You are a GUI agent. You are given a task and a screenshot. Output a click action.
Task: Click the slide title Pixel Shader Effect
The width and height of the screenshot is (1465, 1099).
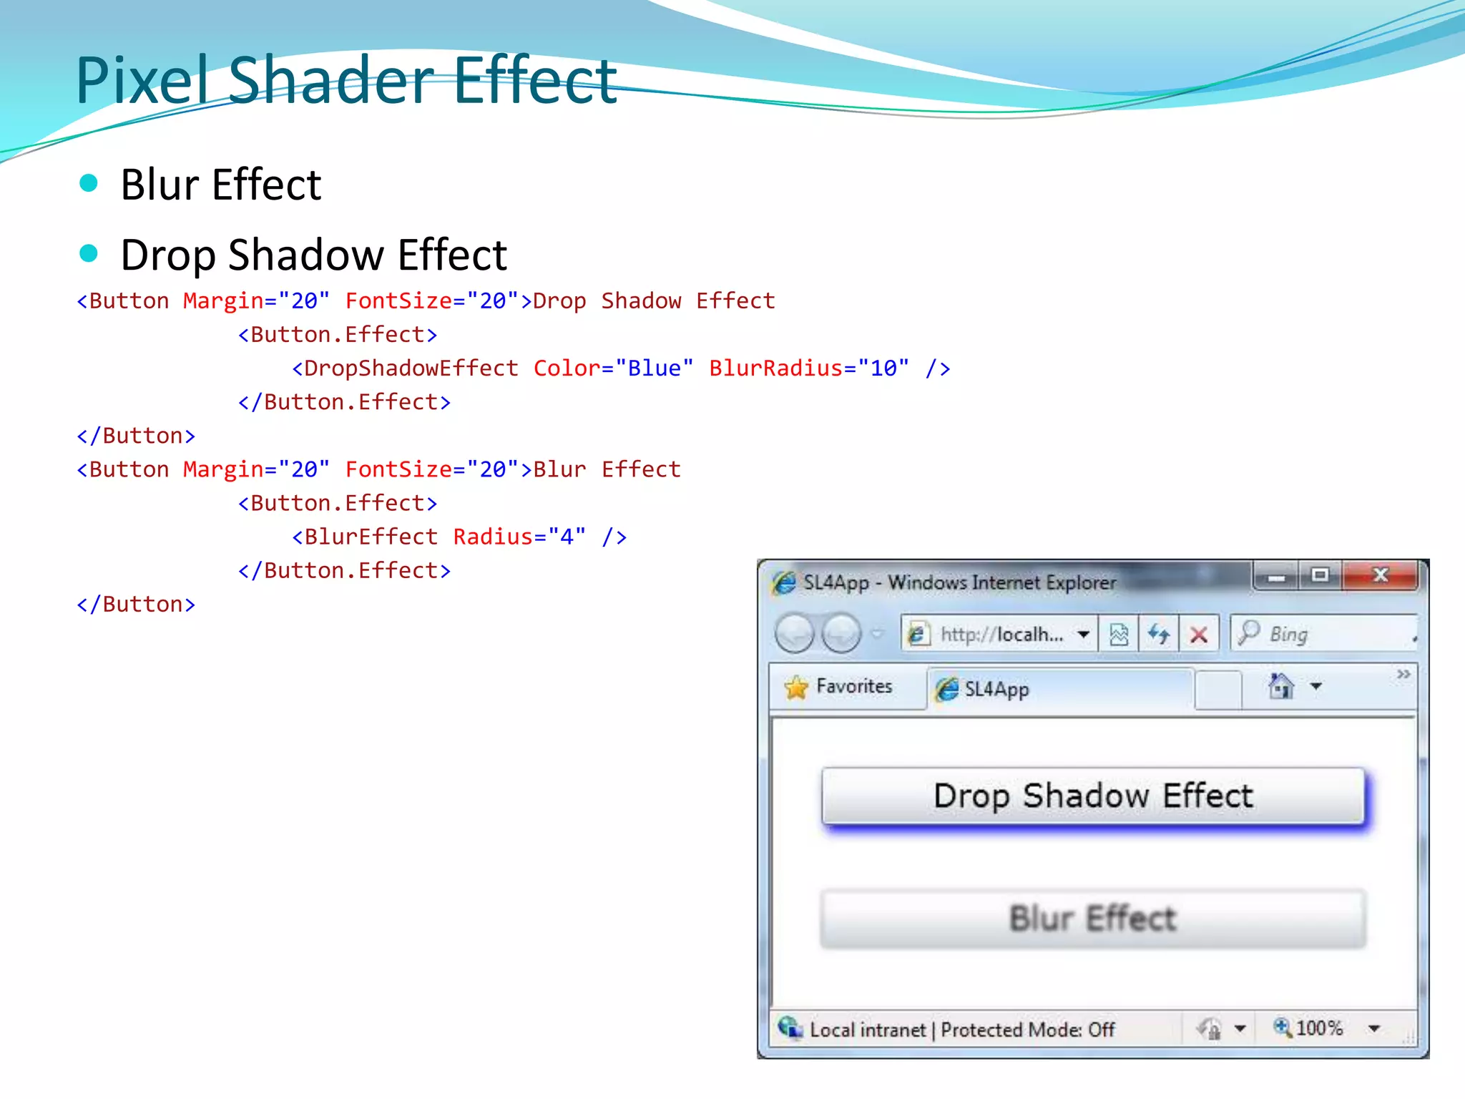point(346,80)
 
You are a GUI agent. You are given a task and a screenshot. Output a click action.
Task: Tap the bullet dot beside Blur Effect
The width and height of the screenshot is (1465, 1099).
point(89,183)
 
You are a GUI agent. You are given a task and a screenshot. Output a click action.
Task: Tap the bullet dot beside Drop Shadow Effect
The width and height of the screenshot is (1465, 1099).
point(89,253)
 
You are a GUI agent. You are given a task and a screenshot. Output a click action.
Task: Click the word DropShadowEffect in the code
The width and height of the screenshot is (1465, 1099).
point(411,368)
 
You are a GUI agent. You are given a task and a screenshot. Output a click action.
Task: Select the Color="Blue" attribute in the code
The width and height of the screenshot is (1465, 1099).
point(613,368)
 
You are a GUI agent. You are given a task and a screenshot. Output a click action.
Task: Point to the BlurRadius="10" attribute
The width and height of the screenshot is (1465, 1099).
point(809,368)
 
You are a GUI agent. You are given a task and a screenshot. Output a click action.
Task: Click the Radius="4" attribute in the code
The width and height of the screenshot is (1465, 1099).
point(519,537)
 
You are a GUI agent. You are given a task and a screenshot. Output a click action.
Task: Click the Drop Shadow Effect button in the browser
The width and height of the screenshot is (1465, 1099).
point(1093,796)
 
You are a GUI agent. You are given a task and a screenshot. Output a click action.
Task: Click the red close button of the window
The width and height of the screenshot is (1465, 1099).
point(1380,575)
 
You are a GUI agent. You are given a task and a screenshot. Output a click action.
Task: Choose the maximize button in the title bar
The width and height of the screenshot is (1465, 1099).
point(1320,575)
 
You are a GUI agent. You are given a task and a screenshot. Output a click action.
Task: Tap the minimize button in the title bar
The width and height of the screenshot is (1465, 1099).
point(1276,577)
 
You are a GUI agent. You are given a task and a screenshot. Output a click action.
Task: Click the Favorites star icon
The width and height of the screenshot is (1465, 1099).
point(796,687)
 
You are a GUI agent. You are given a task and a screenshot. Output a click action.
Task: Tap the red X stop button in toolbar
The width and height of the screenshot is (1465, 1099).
point(1199,635)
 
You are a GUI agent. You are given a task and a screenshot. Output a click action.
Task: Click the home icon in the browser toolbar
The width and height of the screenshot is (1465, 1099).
point(1280,687)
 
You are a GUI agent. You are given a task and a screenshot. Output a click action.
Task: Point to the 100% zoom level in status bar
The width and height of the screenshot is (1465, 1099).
point(1319,1029)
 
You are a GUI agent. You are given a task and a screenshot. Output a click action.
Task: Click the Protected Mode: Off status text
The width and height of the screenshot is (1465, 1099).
point(1027,1030)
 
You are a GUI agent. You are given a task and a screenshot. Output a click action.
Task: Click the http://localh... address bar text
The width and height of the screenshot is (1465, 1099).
point(1001,635)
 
